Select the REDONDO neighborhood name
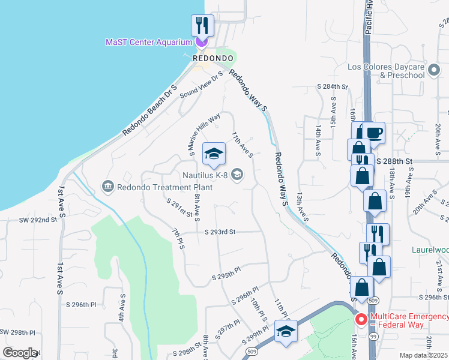pos(212,58)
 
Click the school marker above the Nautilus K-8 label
pos(214,155)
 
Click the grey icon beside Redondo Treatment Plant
pos(108,187)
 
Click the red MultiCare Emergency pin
pos(361,320)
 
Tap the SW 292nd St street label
pos(37,220)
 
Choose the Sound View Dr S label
pos(201,85)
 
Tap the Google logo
pos(20,353)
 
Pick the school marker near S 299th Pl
pos(286,331)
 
